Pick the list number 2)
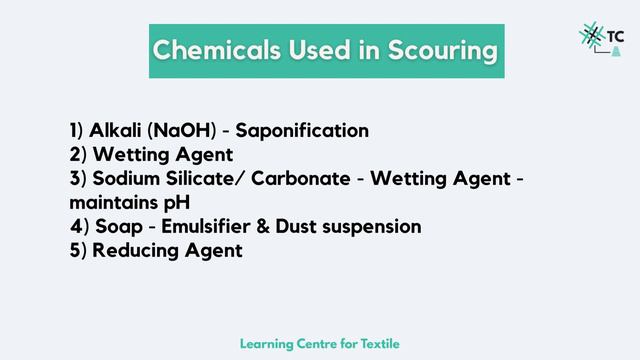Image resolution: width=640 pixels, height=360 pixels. click(x=78, y=155)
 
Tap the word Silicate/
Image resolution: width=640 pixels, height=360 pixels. click(x=207, y=179)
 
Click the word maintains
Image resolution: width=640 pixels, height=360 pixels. click(x=106, y=203)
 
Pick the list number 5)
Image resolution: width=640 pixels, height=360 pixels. click(x=78, y=251)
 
